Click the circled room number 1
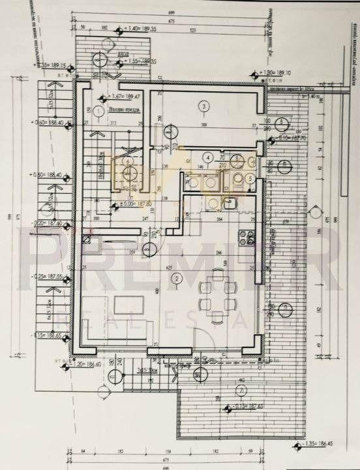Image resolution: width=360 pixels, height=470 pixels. [98, 111]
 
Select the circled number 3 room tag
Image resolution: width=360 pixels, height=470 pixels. [204, 106]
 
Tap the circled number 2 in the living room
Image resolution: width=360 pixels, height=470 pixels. [175, 279]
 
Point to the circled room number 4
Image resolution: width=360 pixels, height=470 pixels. [207, 157]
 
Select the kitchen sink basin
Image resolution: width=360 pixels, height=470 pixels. [230, 204]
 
